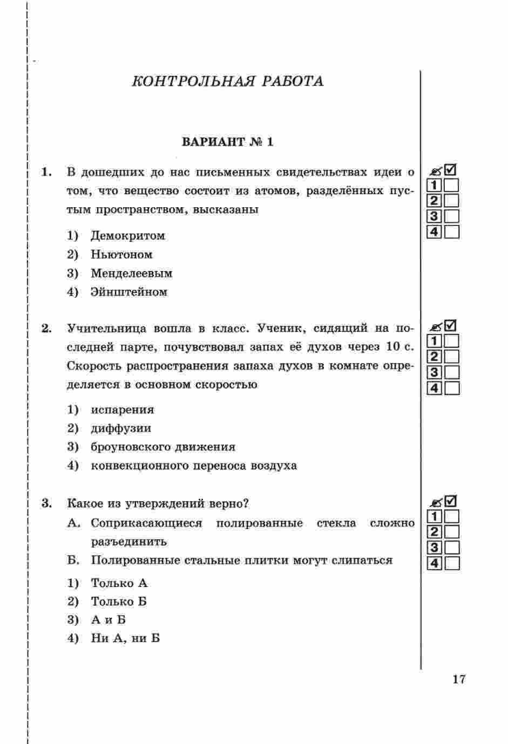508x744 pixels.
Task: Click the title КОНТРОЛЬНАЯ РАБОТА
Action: tap(228, 81)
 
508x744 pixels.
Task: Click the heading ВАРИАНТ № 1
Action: tap(228, 142)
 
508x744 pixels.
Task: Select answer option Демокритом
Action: tap(127, 236)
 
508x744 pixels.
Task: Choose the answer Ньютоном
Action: tap(121, 255)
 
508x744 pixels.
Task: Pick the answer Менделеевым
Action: tap(131, 274)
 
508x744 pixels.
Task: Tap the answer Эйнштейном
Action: tap(129, 292)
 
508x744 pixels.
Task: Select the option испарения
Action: tap(122, 410)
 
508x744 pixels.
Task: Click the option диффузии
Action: tap(121, 428)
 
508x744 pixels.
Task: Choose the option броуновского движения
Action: tap(162, 447)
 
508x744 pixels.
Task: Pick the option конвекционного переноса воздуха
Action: tap(193, 466)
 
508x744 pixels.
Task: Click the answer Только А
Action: tap(119, 583)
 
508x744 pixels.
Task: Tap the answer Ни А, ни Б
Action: tap(125, 639)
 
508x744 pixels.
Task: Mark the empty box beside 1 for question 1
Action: tap(451, 186)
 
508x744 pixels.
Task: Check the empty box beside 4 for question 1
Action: tap(451, 233)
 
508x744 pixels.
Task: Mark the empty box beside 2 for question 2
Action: tap(451, 357)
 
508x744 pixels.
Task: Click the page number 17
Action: tap(458, 679)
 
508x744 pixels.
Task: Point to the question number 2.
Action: tap(46, 329)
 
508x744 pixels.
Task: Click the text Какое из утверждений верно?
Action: tap(158, 504)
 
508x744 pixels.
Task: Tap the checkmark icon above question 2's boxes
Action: tap(450, 325)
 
